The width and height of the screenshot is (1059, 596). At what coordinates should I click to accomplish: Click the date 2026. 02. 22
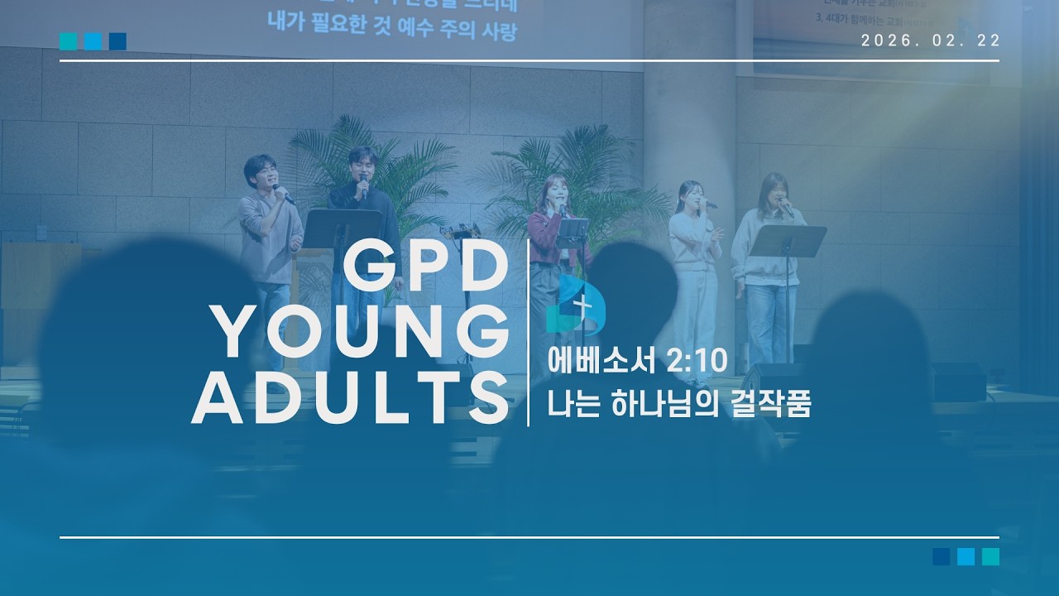930,41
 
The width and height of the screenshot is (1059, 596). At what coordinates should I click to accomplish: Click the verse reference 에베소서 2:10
636,361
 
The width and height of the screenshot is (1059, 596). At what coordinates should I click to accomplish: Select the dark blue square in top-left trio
117,41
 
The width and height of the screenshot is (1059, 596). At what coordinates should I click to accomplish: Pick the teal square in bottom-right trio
990,556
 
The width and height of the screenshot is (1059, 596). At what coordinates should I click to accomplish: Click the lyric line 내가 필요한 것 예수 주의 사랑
392,33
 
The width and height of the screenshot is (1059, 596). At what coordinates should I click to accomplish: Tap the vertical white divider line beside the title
529,331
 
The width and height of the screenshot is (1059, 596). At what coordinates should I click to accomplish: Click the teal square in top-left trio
68,41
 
